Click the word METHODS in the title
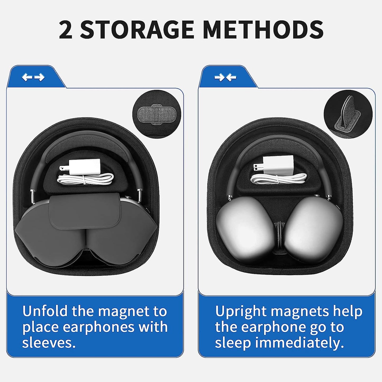point(263,30)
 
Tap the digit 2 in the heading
point(65,30)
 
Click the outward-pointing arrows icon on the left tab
point(33,77)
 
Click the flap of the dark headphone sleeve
point(85,211)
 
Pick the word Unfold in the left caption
point(45,311)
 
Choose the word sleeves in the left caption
point(49,343)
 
